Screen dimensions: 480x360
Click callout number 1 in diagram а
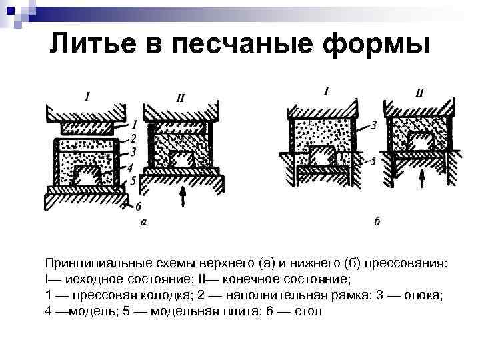pyautogui.click(x=135, y=125)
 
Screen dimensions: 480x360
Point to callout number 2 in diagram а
pyautogui.click(x=134, y=138)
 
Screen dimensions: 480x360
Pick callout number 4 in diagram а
pyautogui.click(x=131, y=167)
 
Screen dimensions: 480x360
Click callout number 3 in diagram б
pyautogui.click(x=374, y=125)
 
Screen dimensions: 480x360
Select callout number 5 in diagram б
pyautogui.click(x=374, y=161)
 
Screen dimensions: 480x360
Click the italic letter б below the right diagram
pyautogui.click(x=377, y=222)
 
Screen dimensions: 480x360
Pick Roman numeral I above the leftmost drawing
pyautogui.click(x=87, y=96)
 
